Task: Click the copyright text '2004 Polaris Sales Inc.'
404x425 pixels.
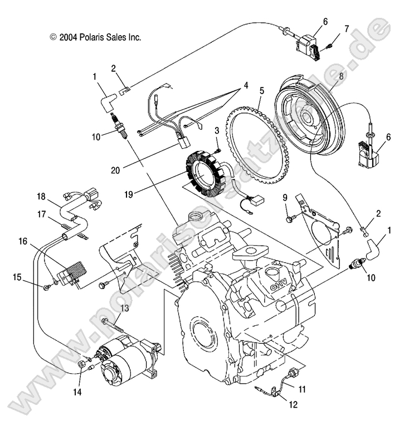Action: [95, 37]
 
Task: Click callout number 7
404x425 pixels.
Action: [346, 28]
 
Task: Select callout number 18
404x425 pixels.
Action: [41, 197]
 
